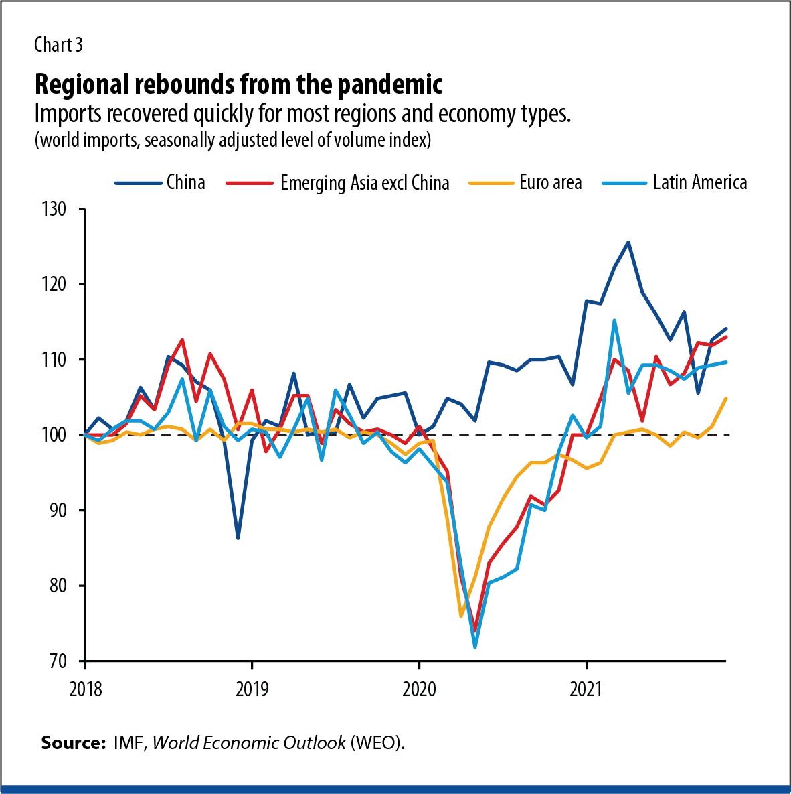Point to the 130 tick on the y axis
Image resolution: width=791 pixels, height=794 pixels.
tap(55, 209)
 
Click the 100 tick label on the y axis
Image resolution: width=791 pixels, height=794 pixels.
tap(55, 435)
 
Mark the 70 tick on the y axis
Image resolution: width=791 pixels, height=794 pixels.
tap(58, 661)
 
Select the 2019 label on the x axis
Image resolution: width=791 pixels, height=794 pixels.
tap(252, 689)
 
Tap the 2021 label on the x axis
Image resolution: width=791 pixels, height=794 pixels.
tap(586, 689)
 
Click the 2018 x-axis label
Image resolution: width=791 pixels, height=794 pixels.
tap(86, 689)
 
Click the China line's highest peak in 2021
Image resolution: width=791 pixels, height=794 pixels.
tap(628, 242)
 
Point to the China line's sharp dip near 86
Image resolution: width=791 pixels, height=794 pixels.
tap(238, 538)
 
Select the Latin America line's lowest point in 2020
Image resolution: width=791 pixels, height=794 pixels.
tap(475, 647)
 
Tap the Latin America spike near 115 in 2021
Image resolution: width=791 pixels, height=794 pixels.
tap(614, 320)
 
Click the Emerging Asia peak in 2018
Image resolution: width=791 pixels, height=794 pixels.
tap(182, 340)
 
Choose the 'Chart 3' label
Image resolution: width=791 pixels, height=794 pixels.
tap(58, 45)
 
